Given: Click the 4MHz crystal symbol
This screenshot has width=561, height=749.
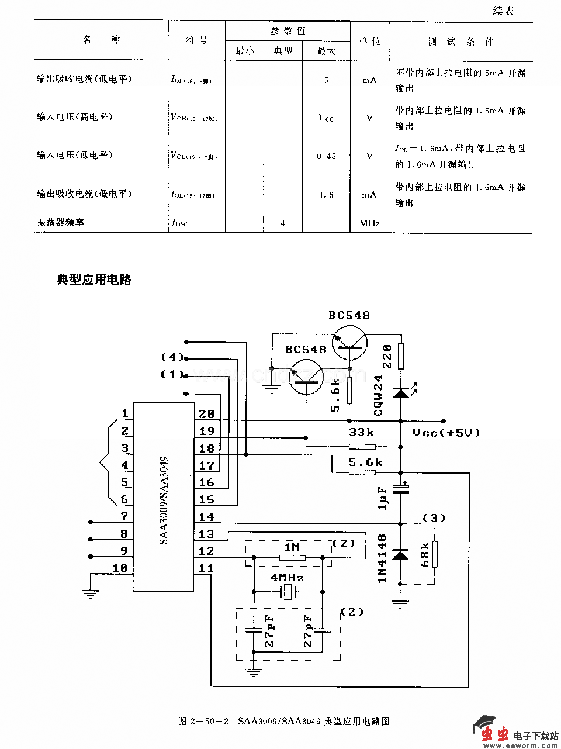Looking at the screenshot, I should pyautogui.click(x=288, y=592).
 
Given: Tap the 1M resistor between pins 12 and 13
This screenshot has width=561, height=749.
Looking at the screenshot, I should pyautogui.click(x=292, y=558).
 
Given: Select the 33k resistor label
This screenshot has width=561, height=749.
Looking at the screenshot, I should pyautogui.click(x=361, y=433).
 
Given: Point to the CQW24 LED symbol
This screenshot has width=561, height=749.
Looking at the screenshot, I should pyautogui.click(x=401, y=392).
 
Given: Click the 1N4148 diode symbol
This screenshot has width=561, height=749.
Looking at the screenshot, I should pyautogui.click(x=401, y=553).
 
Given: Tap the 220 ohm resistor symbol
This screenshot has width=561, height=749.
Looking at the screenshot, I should pyautogui.click(x=401, y=356).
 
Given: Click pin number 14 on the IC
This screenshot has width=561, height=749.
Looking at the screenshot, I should pyautogui.click(x=206, y=517).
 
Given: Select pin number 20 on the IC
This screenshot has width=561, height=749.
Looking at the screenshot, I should pyautogui.click(x=206, y=414).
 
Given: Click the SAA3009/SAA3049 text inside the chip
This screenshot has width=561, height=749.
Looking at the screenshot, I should pyautogui.click(x=164, y=501).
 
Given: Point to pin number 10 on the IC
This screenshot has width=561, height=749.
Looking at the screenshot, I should pyautogui.click(x=120, y=568).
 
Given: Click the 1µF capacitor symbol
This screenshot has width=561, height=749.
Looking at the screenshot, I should pyautogui.click(x=401, y=489).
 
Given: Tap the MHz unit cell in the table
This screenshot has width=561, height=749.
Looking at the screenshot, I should pyautogui.click(x=369, y=223).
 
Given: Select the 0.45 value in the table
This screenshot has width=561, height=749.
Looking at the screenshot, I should pyautogui.click(x=326, y=156).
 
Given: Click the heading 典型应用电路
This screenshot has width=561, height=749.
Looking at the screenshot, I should pyautogui.click(x=94, y=280).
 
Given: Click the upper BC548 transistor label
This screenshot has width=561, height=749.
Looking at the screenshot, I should pyautogui.click(x=349, y=316).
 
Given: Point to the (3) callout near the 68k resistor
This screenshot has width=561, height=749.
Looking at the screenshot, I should pyautogui.click(x=434, y=518).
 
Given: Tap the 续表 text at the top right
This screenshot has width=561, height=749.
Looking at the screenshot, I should pyautogui.click(x=503, y=11).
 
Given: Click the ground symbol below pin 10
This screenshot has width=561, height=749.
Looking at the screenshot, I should pyautogui.click(x=89, y=595).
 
